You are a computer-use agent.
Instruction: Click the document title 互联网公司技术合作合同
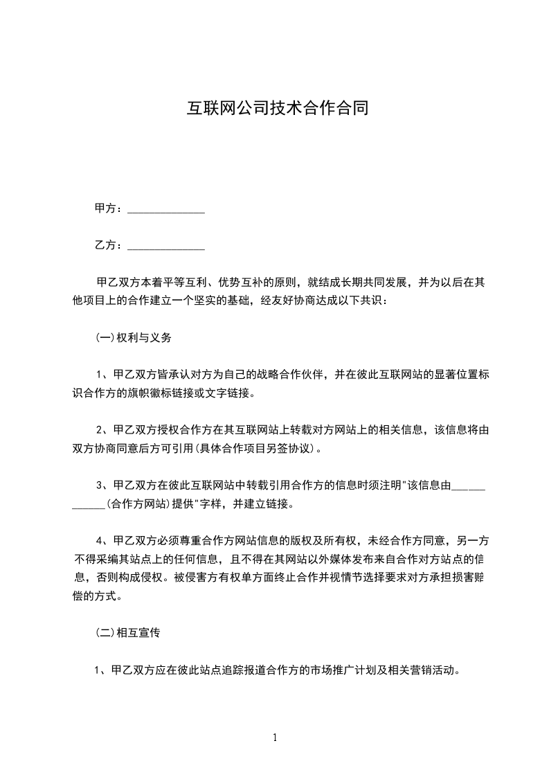[274, 108]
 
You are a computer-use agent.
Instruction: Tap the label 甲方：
[109, 208]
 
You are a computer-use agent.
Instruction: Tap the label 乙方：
[109, 244]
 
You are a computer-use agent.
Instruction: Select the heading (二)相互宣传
[127, 632]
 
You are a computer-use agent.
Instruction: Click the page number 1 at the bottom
[275, 738]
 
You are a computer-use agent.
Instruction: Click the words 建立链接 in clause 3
[270, 504]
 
